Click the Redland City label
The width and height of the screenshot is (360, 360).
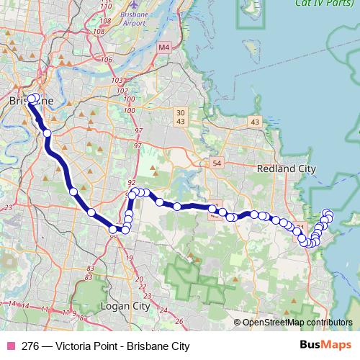pos(287,168)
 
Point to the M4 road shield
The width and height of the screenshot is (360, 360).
pos(163,47)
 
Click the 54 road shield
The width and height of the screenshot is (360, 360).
pos(217,164)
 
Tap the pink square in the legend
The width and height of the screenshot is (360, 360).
pos(11,346)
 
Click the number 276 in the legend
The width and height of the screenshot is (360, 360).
pos(31,346)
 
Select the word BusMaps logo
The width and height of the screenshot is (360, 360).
pos(327,346)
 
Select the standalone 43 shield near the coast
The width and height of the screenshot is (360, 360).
pos(255,123)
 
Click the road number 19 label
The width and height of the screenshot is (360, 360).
pos(130,258)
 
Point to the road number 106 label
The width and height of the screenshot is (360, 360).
pos(108,59)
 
